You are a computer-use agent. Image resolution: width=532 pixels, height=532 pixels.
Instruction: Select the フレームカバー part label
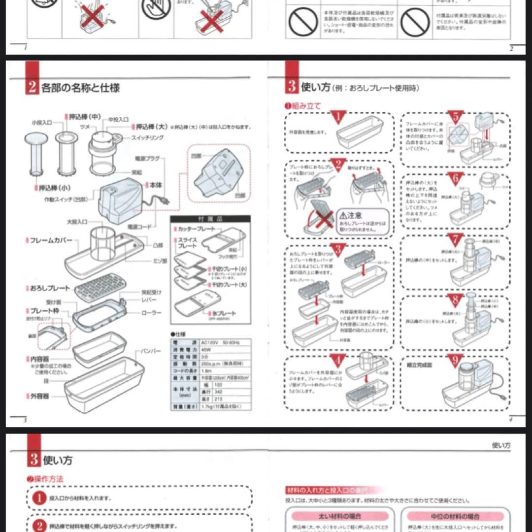tap(51, 240)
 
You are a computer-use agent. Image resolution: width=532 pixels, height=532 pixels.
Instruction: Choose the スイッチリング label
tap(147, 137)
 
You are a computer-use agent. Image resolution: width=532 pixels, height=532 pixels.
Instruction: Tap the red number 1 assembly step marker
tap(338, 117)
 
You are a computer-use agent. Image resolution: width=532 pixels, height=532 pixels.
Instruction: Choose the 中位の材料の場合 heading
tap(453, 516)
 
